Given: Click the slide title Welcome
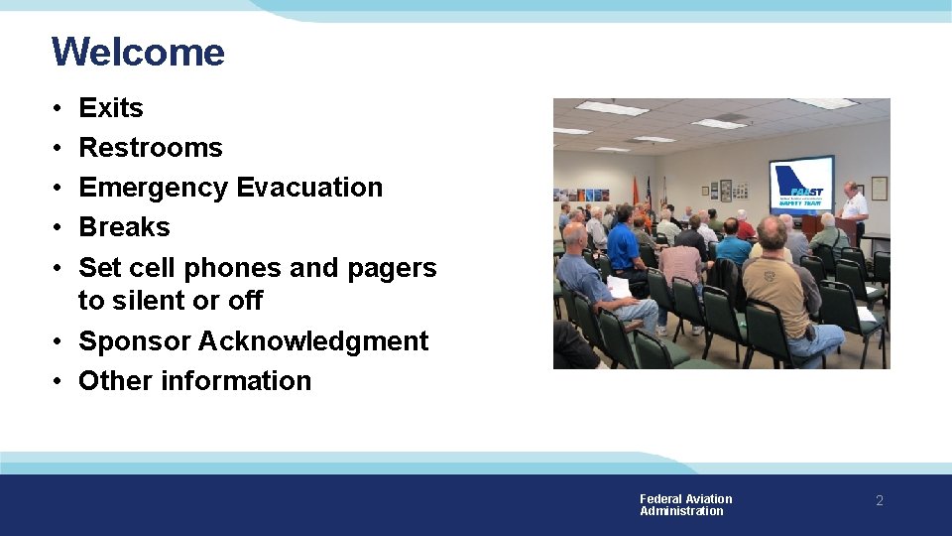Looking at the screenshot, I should (138, 52).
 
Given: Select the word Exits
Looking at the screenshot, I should (111, 108).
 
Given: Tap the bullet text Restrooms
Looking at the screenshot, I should (151, 148).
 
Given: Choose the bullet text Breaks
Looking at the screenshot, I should (124, 227).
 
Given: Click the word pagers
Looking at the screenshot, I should (392, 268).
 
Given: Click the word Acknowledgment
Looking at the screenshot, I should (313, 341).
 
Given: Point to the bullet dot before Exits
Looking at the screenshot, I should (59, 108).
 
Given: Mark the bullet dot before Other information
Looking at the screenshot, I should (59, 381).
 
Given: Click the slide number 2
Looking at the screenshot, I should (879, 501).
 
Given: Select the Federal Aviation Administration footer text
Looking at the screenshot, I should (685, 505).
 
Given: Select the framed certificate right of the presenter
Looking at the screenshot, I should (879, 188).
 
